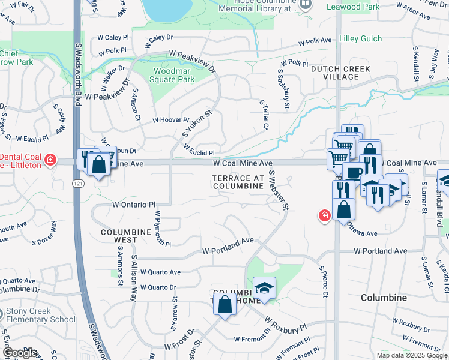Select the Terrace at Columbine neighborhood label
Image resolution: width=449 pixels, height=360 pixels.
coord(238,182)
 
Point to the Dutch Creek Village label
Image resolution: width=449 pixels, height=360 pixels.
coord(340,73)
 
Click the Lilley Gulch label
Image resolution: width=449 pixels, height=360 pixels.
coord(360,38)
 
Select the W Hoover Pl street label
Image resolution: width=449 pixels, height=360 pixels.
coord(170,121)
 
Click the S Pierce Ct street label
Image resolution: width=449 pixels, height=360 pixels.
coord(323,281)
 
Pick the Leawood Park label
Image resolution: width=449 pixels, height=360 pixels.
coord(354,7)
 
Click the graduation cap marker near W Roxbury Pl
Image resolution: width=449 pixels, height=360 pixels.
coord(264,289)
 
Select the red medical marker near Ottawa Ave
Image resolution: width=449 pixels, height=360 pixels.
coord(324,215)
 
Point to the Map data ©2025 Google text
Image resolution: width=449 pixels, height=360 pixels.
coord(411,355)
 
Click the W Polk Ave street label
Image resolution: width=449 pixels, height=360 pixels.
coord(316,41)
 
